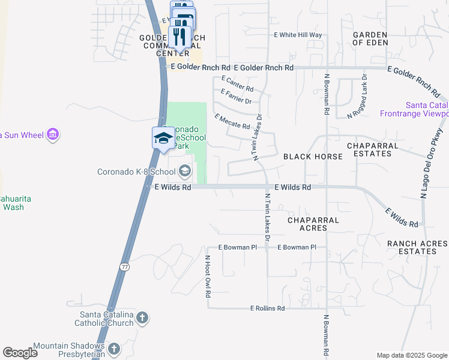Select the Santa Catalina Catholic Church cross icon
tap(142, 318)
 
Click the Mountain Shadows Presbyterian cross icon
tap(114, 348)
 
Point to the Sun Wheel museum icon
tap(53, 135)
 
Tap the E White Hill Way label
tap(298, 35)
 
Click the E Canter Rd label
tap(238, 83)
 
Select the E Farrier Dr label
tap(236, 96)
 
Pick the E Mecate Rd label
tap(232, 122)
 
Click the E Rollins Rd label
tap(267, 308)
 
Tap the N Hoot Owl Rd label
tap(207, 277)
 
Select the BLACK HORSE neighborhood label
tap(313, 157)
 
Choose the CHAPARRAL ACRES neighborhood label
tap(313, 224)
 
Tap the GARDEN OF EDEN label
tap(370, 39)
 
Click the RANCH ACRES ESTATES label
tap(417, 247)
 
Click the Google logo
tap(20, 353)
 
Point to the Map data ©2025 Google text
tap(411, 355)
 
